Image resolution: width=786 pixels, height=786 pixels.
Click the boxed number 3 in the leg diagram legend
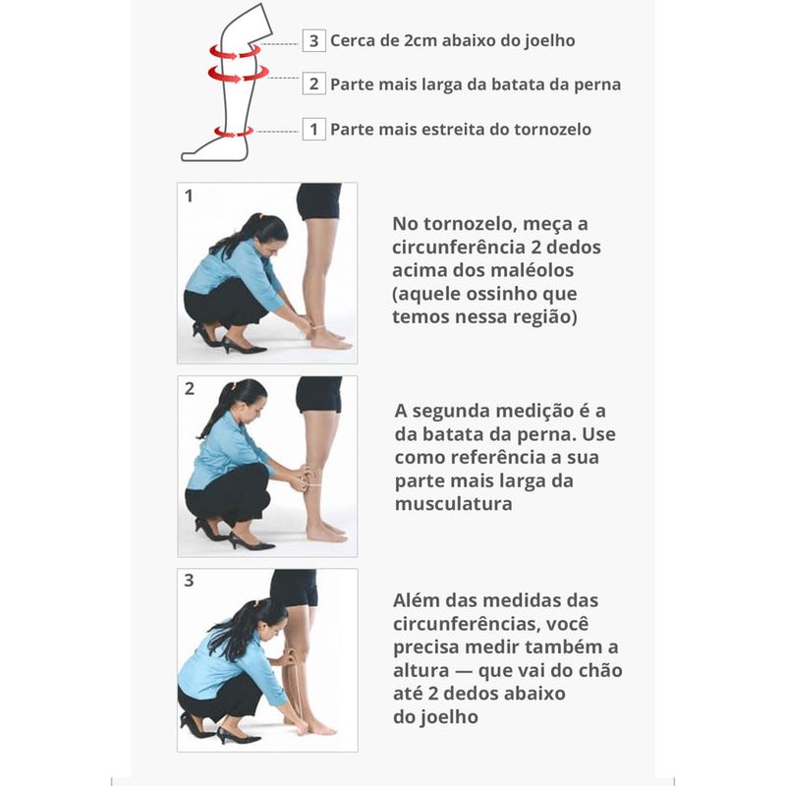313,40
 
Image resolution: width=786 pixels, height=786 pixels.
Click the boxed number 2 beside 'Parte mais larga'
313,84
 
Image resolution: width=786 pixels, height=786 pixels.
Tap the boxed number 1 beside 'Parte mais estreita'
313,130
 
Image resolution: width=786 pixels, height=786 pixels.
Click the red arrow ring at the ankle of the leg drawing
233,132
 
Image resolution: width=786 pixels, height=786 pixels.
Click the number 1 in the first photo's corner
189,196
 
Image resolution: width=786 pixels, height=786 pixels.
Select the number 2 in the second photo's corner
189,388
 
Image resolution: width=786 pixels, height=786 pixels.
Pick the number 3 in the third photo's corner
189,581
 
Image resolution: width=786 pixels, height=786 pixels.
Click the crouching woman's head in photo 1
266,234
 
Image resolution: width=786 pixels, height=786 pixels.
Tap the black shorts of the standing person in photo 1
318,200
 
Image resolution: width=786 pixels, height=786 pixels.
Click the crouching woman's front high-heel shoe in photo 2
251,542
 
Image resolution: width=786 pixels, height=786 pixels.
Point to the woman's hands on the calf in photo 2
303,477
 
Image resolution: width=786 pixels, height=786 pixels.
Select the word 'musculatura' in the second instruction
453,504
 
